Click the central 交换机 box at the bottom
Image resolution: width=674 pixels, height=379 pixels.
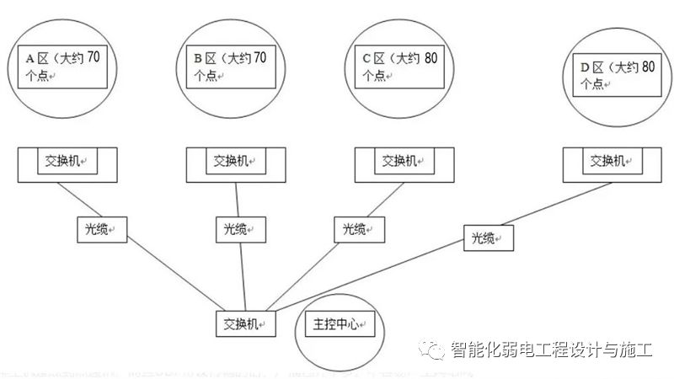[x=246, y=323]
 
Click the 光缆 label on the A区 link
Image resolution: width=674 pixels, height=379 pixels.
[x=99, y=227]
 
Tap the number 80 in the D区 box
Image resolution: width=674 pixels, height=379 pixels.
[x=647, y=67]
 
